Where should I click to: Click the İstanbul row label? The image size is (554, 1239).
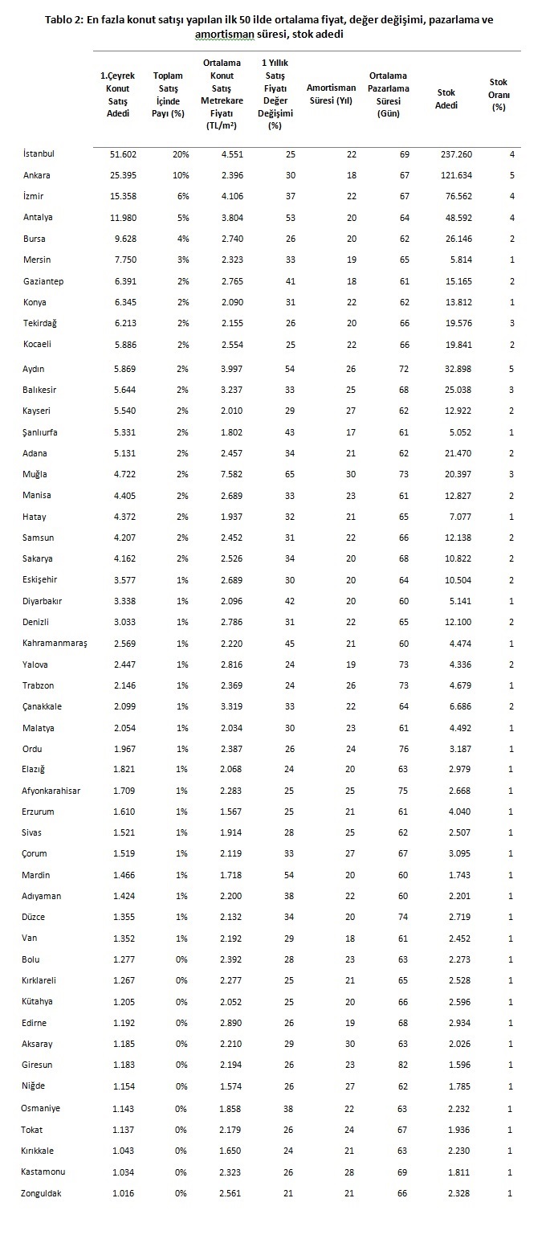pyautogui.click(x=39, y=153)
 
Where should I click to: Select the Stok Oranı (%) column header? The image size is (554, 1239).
pyautogui.click(x=499, y=94)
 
